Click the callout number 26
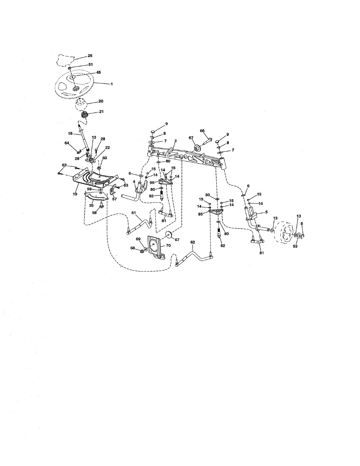pyautogui.click(x=90, y=56)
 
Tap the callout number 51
pyautogui.click(x=90, y=64)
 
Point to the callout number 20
pyautogui.click(x=101, y=101)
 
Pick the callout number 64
pyautogui.click(x=66, y=143)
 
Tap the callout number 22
pyautogui.click(x=108, y=148)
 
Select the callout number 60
pyautogui.click(x=104, y=158)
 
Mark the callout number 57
pyautogui.click(x=114, y=199)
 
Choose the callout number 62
pyautogui.click(x=192, y=242)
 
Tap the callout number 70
pyautogui.click(x=169, y=245)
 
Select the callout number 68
pyautogui.click(x=132, y=248)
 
